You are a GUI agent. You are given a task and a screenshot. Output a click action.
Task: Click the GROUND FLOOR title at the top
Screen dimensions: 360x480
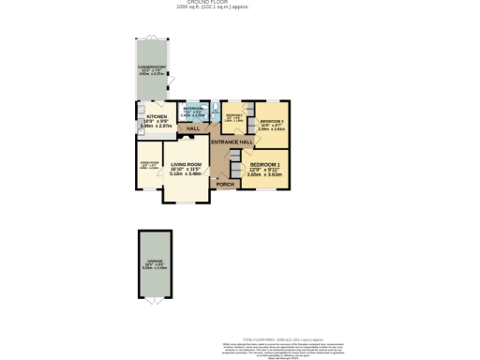[240, 2]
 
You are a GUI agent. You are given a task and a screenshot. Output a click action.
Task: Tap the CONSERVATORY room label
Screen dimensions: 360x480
[153, 67]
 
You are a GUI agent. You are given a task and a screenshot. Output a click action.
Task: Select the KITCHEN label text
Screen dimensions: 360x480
[156, 117]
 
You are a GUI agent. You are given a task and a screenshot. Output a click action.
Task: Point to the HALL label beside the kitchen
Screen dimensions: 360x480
[194, 128]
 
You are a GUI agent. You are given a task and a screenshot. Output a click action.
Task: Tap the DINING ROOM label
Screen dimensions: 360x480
[149, 162]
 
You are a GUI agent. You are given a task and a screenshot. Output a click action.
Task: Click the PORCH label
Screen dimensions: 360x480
[225, 184]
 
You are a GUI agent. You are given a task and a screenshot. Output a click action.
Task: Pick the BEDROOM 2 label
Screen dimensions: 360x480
[272, 122]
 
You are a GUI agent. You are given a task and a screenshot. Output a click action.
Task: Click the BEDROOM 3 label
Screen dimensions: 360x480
[233, 115]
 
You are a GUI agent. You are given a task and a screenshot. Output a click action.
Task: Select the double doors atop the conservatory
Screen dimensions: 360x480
[153, 37]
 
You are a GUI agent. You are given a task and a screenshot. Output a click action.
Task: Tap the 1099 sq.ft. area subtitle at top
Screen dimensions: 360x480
[240, 7]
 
